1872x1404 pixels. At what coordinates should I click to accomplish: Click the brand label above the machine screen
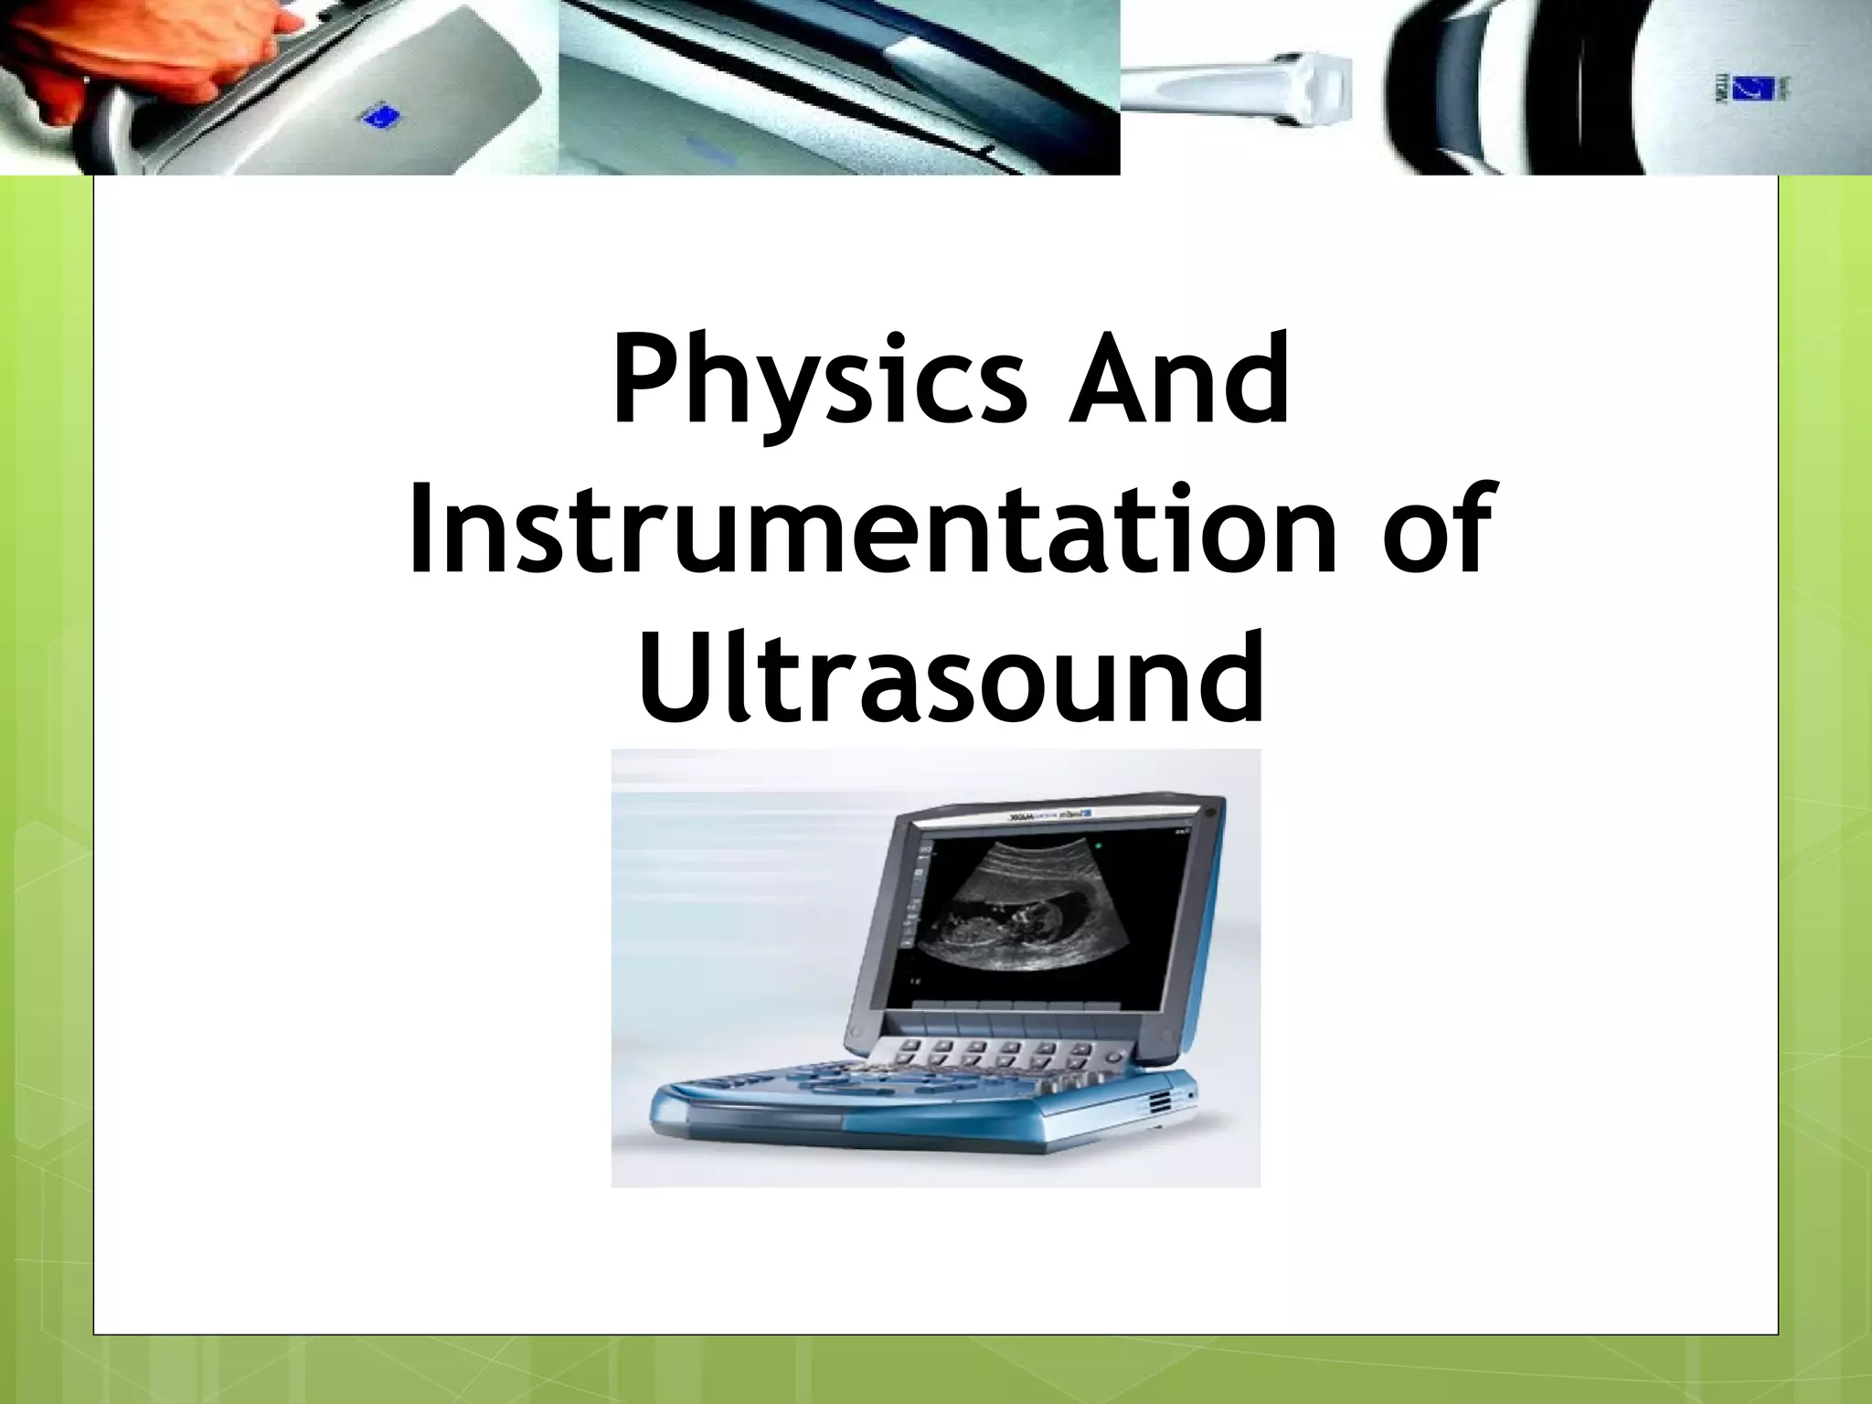[x=1051, y=815]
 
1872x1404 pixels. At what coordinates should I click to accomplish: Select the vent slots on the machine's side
[x=1160, y=1102]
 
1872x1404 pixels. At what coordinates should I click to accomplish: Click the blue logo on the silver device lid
[x=384, y=117]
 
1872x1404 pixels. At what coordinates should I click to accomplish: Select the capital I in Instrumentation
[x=421, y=530]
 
